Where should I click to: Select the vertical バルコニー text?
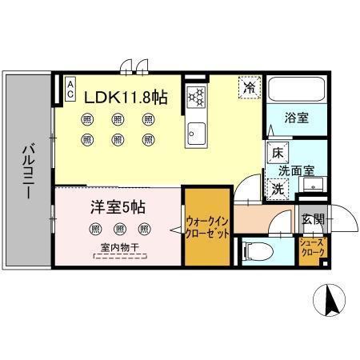point(27,170)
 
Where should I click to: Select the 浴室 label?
point(297,117)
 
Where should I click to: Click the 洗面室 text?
point(296,170)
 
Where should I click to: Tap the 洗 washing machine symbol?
point(276,190)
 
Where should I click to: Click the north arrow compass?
point(330,302)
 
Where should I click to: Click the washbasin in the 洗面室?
point(313,185)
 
